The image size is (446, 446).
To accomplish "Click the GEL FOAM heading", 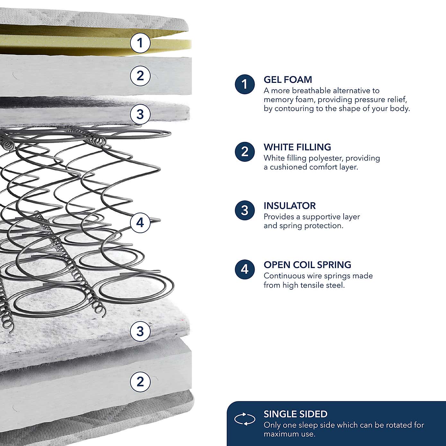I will coord(288,80).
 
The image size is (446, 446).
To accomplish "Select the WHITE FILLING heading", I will coord(297,147).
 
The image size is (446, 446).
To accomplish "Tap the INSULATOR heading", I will coord(289,206).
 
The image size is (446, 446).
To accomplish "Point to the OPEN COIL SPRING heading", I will coord(307,265).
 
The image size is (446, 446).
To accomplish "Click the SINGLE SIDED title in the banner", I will coord(295,414).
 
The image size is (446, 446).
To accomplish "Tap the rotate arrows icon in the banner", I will coord(245,419).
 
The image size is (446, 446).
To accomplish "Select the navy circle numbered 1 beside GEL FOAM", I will coord(245,84).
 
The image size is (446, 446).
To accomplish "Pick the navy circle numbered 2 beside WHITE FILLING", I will coord(245,152).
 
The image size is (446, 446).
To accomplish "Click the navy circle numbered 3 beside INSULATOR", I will coord(245,211).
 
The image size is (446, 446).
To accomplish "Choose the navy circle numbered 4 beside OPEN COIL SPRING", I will coord(245,269).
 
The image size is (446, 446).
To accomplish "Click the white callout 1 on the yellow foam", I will coord(140,43).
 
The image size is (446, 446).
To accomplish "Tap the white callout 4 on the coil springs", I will coord(140,223).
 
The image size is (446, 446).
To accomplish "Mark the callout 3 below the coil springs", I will coord(140,331).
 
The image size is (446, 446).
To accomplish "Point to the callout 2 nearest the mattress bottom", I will coord(140,382).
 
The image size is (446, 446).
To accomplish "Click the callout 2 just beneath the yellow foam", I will coord(140,76).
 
